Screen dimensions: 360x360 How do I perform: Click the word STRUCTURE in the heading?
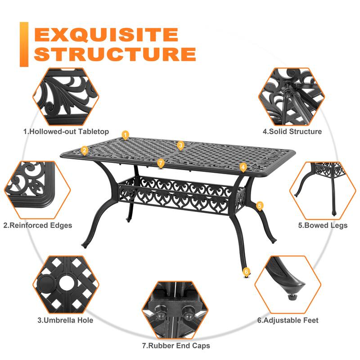[x=115, y=54]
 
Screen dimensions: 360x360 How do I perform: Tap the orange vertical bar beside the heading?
[x=24, y=44]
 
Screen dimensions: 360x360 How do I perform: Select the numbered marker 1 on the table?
[x=126, y=135]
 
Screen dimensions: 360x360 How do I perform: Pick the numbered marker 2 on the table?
[x=84, y=150]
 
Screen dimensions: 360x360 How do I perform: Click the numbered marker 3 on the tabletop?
[x=180, y=145]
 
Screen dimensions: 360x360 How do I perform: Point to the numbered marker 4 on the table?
[x=243, y=167]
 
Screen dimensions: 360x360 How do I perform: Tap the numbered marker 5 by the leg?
[x=260, y=205]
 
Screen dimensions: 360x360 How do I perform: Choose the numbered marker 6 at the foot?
[x=246, y=271]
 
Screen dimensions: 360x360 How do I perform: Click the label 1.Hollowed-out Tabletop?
[x=66, y=131]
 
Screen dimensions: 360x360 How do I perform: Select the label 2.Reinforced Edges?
[x=38, y=225]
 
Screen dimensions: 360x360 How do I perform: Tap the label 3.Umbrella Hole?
[x=65, y=320]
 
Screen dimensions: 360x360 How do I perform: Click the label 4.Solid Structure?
[x=292, y=131]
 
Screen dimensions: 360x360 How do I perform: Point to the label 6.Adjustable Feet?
[x=288, y=320]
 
